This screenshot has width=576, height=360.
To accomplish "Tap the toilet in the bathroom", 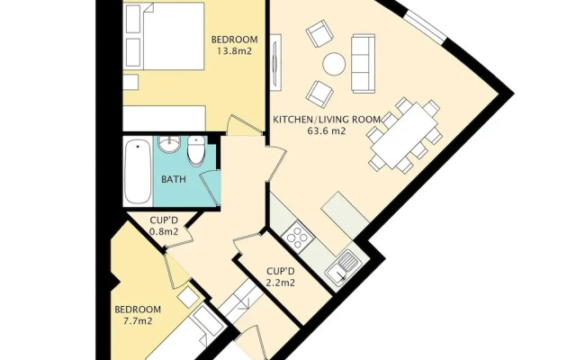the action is (196, 150).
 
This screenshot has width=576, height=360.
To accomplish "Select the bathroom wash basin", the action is (169, 143).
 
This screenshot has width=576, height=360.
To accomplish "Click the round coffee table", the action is (334, 64).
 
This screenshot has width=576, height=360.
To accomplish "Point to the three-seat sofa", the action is (363, 64).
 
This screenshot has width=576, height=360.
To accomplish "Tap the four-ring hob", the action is (298, 238).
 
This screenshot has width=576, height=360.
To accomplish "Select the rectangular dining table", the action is (404, 135).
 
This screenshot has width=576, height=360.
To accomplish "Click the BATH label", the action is (174, 179).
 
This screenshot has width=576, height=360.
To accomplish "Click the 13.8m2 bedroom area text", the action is (234, 50).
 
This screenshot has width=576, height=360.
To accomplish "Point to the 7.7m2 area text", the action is (138, 320).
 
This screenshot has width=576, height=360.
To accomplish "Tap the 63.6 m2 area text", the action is (326, 130).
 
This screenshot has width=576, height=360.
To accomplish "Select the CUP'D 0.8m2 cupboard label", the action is (164, 226).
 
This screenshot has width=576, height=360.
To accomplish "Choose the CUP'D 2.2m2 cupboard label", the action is (281, 277).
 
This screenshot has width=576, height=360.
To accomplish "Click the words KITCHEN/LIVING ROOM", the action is (327, 120).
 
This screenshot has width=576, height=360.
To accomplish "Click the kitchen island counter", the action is (345, 215).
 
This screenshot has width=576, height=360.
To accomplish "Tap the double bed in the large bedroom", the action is (164, 36).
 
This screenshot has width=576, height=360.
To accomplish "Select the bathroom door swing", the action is (210, 188).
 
